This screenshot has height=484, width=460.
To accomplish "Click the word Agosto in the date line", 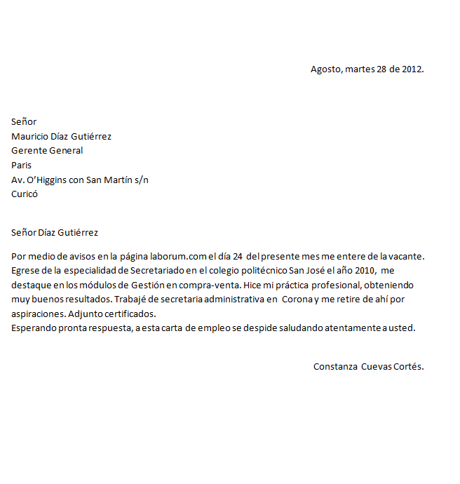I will (326, 69).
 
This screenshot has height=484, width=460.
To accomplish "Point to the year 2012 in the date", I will (412, 69).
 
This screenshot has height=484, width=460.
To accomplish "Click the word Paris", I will (21, 165).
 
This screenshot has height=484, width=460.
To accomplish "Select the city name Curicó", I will (25, 194).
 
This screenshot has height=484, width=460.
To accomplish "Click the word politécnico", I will (262, 271).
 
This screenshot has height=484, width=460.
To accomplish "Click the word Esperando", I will (32, 328).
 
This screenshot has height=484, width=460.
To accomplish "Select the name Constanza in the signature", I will (335, 366).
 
